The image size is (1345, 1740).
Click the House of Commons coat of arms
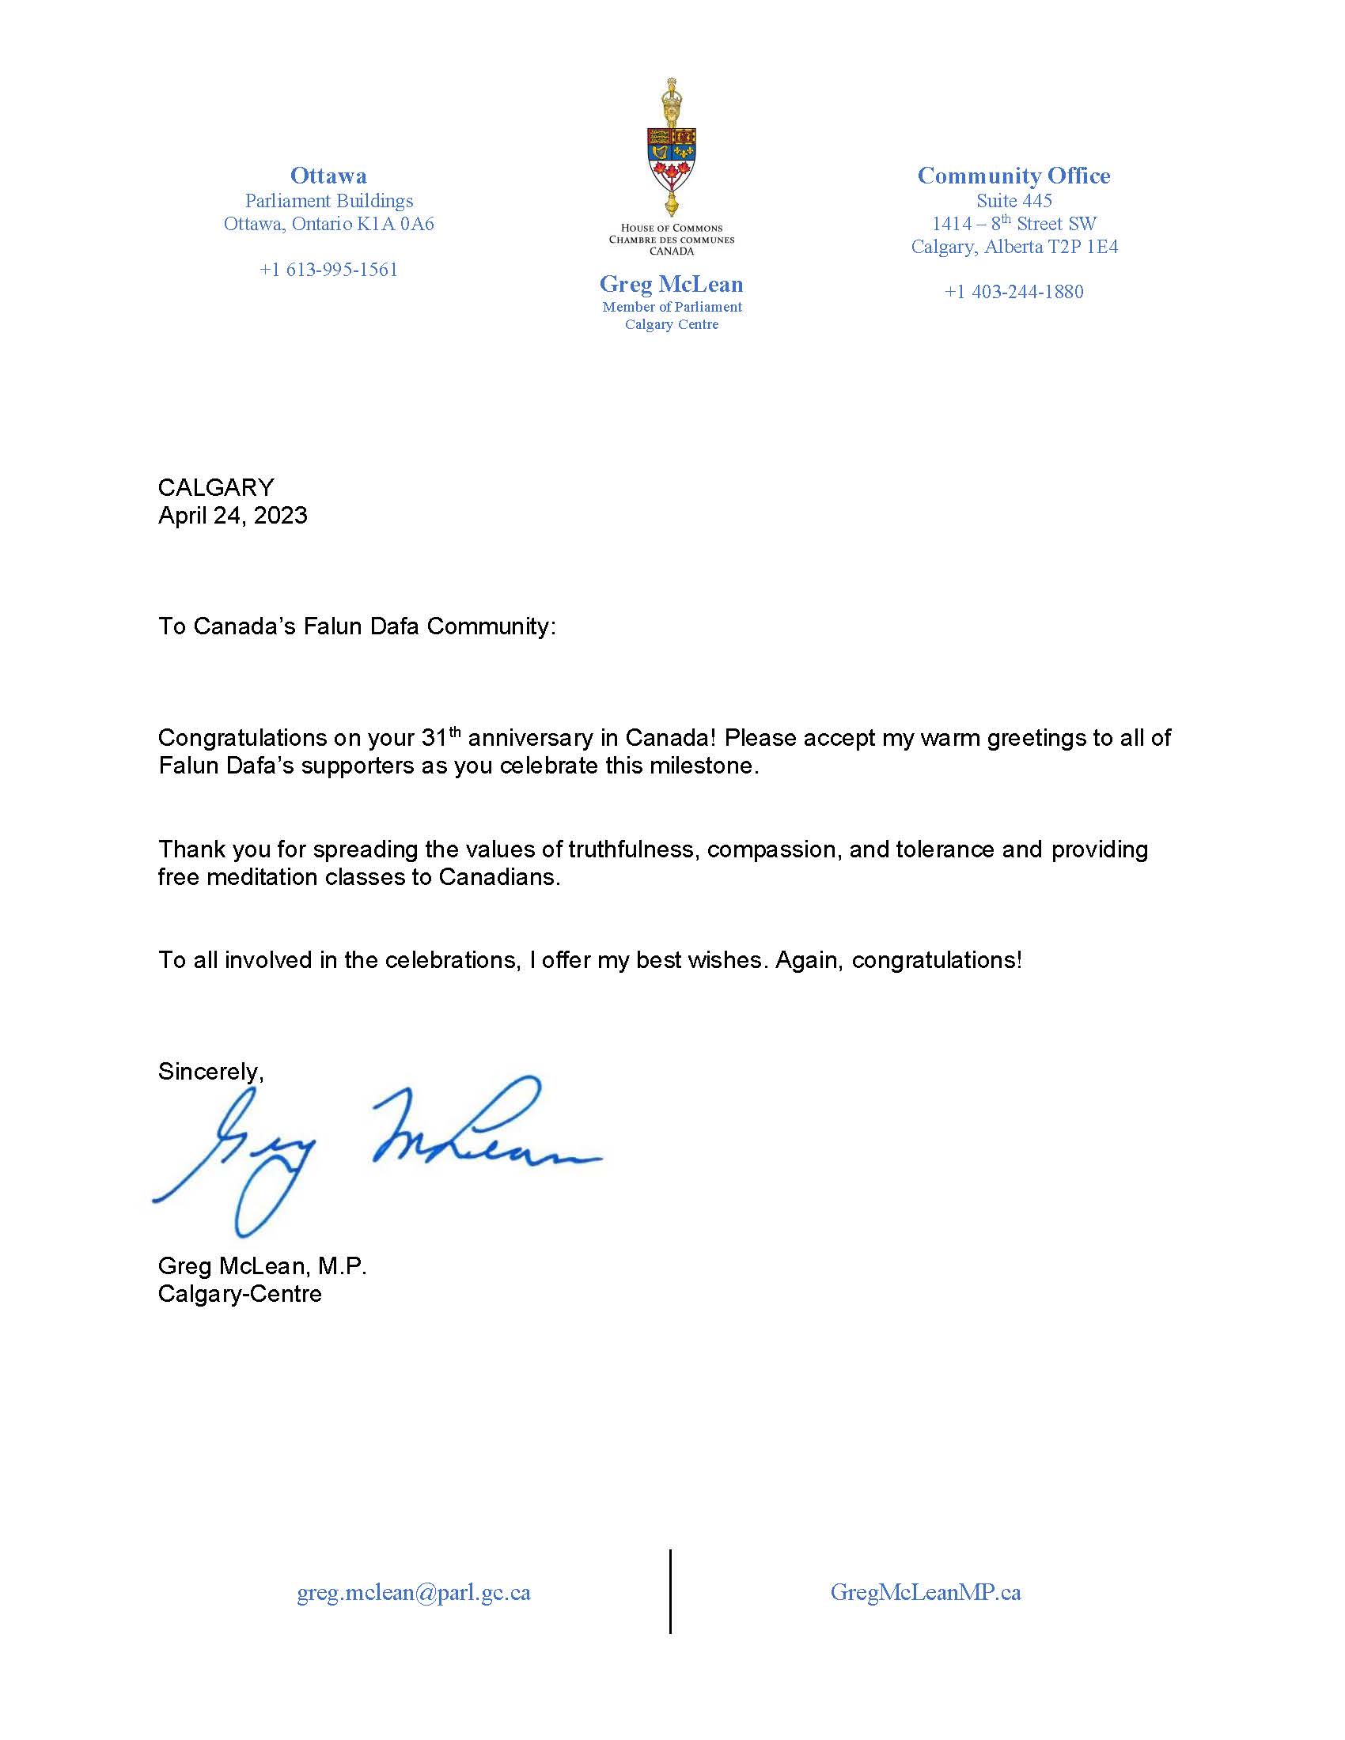click(672, 148)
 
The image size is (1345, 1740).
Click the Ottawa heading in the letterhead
click(328, 176)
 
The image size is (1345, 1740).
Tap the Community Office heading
click(1013, 176)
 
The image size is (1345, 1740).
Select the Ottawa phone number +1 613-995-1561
click(328, 269)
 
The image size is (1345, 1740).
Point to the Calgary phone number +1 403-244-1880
click(1013, 292)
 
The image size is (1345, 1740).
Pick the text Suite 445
click(1013, 201)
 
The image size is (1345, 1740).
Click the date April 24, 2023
click(233, 516)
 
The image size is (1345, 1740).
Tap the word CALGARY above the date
click(216, 487)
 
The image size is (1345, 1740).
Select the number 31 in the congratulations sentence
click(434, 738)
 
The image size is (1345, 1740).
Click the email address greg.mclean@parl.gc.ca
click(414, 1592)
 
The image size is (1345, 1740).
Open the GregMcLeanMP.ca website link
click(925, 1592)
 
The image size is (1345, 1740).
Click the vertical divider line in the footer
click(670, 1592)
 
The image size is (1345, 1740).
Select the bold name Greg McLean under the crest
click(671, 285)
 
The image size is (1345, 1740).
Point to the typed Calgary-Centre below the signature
click(240, 1293)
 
